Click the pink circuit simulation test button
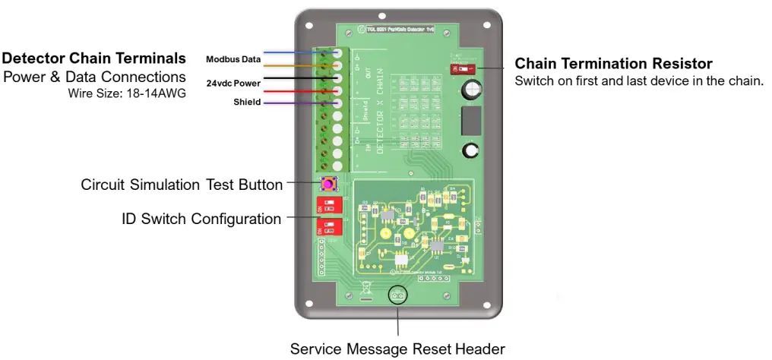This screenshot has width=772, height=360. (329, 184)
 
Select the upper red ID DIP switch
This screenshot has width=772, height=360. (328, 206)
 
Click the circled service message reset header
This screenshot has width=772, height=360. (397, 295)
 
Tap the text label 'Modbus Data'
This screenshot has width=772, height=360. (233, 59)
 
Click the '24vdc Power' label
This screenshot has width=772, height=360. (233, 83)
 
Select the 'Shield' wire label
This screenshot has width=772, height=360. (246, 103)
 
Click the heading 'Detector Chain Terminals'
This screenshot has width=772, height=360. (94, 58)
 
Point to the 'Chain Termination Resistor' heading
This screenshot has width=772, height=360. (613, 63)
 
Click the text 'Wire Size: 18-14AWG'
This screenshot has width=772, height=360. (126, 94)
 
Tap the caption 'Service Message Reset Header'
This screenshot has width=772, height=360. (397, 349)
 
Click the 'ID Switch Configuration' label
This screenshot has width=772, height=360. (201, 219)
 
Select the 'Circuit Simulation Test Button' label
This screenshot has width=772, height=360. (182, 185)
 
